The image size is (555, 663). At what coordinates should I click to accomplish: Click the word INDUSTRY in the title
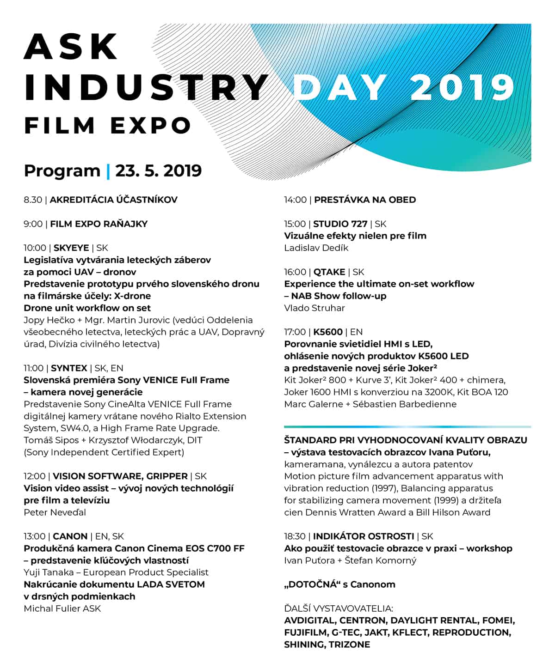click(x=146, y=86)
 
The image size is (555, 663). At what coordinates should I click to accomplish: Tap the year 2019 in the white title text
click(x=462, y=86)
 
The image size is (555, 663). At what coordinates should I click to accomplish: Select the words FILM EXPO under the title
click(x=108, y=126)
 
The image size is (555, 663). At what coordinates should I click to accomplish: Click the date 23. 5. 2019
click(x=159, y=170)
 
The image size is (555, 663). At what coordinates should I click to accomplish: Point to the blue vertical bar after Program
click(x=108, y=171)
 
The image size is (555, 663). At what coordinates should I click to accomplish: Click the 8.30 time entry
click(x=33, y=200)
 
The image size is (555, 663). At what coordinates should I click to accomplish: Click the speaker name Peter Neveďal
click(x=55, y=512)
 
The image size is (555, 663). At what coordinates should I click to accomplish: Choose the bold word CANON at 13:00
click(x=70, y=536)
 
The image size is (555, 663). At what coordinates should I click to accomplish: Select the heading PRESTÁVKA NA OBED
click(x=365, y=200)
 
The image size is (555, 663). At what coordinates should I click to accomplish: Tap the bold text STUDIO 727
click(x=340, y=224)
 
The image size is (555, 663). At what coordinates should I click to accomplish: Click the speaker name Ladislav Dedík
click(x=316, y=248)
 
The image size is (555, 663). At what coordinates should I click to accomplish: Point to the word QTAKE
click(x=329, y=272)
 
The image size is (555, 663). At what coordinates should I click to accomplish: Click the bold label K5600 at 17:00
click(x=328, y=332)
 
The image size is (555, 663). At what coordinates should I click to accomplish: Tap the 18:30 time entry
click(x=295, y=536)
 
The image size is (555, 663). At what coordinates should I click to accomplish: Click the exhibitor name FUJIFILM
click(x=305, y=633)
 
